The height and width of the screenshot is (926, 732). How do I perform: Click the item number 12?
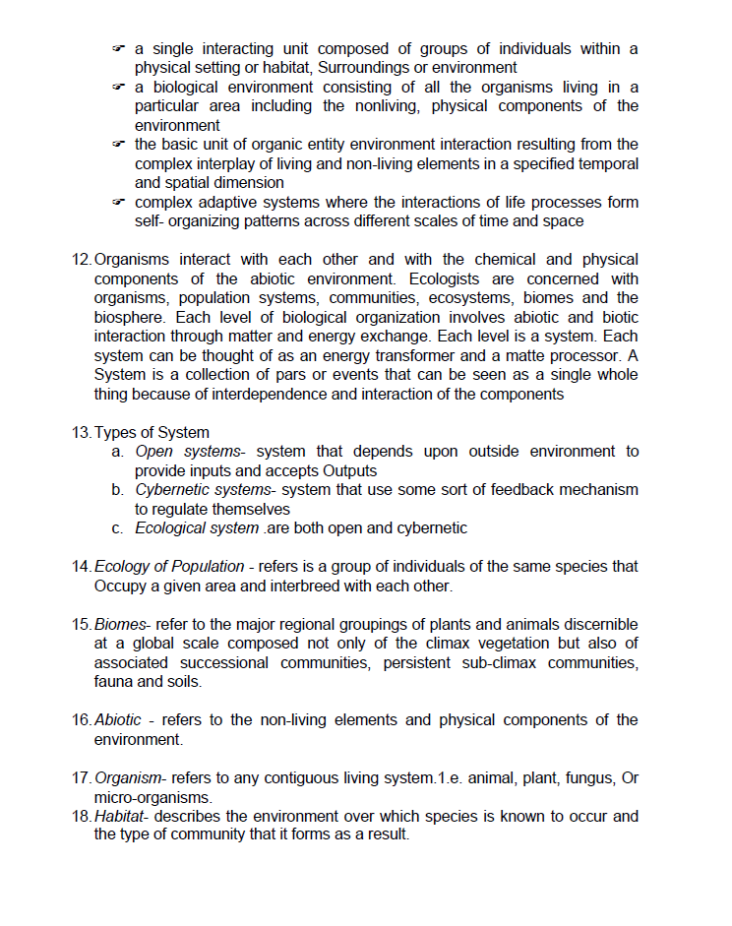82,260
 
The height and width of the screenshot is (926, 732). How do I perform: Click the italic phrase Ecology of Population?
169,567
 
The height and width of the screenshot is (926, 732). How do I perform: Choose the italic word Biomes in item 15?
120,625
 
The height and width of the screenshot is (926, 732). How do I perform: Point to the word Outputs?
344,471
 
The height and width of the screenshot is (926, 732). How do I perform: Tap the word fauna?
112,682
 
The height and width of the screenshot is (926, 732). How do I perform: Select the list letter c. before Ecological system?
116,528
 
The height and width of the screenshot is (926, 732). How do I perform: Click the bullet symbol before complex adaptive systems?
118,203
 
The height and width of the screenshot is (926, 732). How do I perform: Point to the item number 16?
82,720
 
